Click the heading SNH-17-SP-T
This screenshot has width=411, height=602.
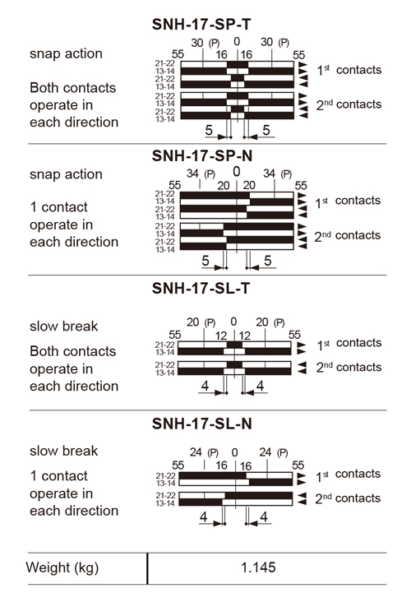[201, 24]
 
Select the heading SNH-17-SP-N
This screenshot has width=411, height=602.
[202, 155]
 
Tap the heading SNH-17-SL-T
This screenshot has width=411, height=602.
[201, 288]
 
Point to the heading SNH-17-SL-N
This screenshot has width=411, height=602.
[202, 424]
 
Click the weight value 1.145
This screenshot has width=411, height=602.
[258, 567]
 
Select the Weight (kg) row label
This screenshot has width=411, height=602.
[62, 567]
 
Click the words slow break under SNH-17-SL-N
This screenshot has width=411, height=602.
[63, 451]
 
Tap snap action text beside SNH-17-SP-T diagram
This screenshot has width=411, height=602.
[66, 53]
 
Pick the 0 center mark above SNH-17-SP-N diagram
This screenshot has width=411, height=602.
[237, 172]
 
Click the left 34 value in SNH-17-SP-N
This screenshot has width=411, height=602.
[192, 174]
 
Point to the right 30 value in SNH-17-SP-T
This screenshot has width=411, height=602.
[266, 42]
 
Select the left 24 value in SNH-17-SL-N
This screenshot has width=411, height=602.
[196, 452]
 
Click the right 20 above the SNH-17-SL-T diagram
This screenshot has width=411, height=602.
[262, 322]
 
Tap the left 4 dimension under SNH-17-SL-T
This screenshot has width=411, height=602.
[205, 386]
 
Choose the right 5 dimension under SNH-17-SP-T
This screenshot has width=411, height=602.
[266, 130]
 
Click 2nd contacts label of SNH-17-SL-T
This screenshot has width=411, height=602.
[349, 368]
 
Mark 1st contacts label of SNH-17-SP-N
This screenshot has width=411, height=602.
[348, 201]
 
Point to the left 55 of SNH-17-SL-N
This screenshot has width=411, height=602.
[178, 465]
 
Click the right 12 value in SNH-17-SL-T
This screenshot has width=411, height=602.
[244, 336]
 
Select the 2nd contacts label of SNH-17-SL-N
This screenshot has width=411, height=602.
[348, 498]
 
